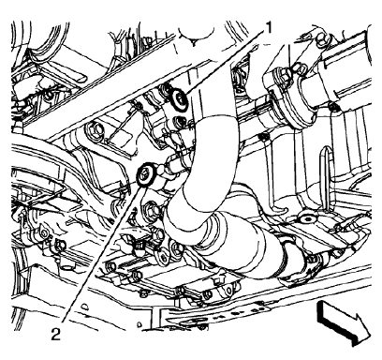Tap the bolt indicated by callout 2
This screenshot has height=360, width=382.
coord(146,173)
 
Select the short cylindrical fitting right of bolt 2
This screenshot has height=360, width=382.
coord(171,172)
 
